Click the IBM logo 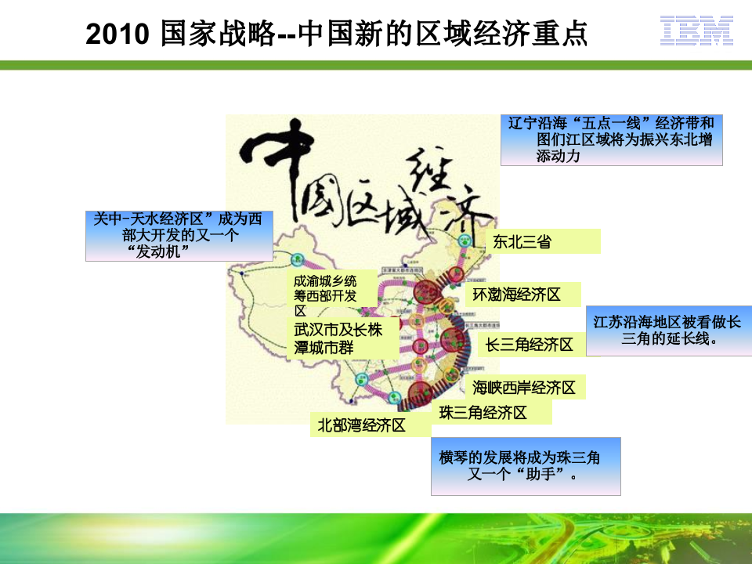click(x=695, y=29)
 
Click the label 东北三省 click(x=522, y=242)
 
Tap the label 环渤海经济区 click(x=516, y=295)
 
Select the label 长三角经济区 click(x=530, y=344)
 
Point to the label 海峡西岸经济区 click(x=524, y=387)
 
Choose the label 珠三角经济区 click(x=483, y=413)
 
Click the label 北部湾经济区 click(x=361, y=425)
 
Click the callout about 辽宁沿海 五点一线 click(x=611, y=139)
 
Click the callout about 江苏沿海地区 click(x=667, y=331)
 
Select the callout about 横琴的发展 click(x=526, y=466)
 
